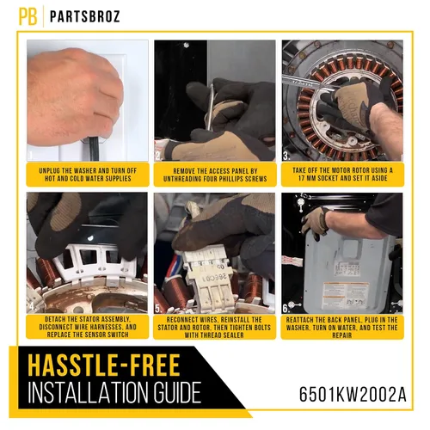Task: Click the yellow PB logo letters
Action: [x=28, y=16]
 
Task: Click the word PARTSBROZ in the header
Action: [x=84, y=16]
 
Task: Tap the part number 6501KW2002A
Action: [x=353, y=395]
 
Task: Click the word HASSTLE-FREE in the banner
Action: [x=104, y=365]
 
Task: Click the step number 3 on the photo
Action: [x=286, y=156]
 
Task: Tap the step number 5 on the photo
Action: [x=158, y=309]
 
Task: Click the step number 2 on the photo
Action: [x=159, y=157]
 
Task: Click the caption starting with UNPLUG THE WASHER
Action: [x=88, y=175]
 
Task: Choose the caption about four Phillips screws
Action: [x=215, y=175]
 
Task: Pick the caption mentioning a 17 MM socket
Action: [x=342, y=175]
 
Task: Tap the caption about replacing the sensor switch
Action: [x=88, y=327]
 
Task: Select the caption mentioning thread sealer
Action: [x=214, y=328]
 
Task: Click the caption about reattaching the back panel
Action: [x=342, y=328]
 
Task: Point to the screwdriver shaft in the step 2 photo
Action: [x=211, y=107]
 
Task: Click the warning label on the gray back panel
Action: [x=347, y=294]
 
